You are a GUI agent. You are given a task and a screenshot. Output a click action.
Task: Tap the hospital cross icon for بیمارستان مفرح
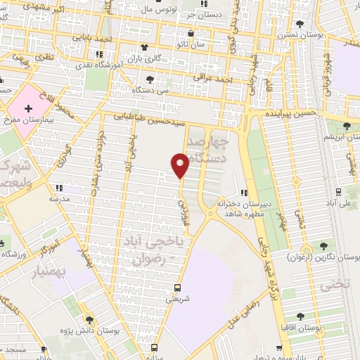(x=28, y=108)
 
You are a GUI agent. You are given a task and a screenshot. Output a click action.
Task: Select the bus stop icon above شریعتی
(x=176, y=288)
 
